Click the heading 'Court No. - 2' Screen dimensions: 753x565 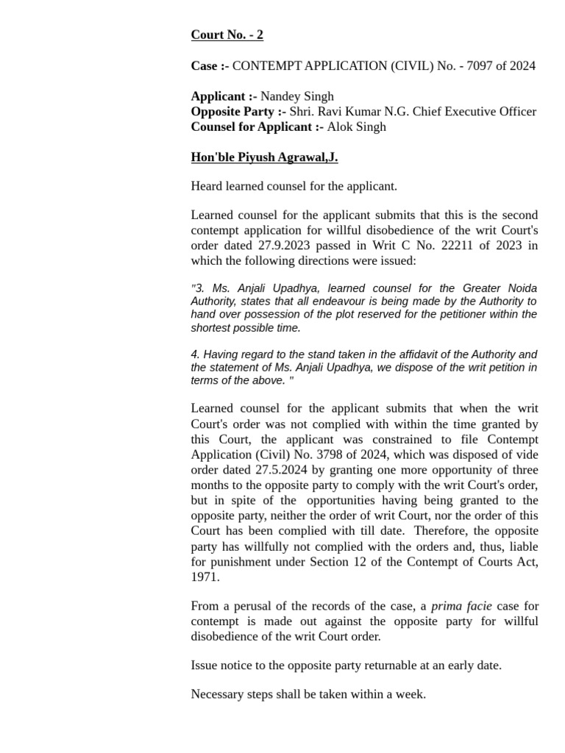point(227,35)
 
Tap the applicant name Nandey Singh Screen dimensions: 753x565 point(297,96)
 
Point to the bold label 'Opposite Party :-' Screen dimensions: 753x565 point(238,112)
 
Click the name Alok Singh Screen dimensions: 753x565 point(356,126)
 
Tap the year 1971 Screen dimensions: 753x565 point(205,577)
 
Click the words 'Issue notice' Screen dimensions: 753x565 point(224,665)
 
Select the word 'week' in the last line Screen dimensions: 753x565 point(409,694)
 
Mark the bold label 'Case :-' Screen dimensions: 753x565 point(210,66)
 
